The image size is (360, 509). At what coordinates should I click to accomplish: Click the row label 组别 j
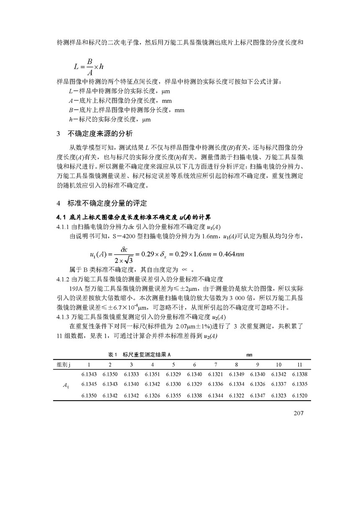[x=64, y=364]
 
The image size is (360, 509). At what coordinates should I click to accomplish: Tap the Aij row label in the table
[x=64, y=384]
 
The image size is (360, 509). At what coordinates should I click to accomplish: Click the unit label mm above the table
[x=249, y=355]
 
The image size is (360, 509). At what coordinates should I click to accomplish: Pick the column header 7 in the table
[x=216, y=364]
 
